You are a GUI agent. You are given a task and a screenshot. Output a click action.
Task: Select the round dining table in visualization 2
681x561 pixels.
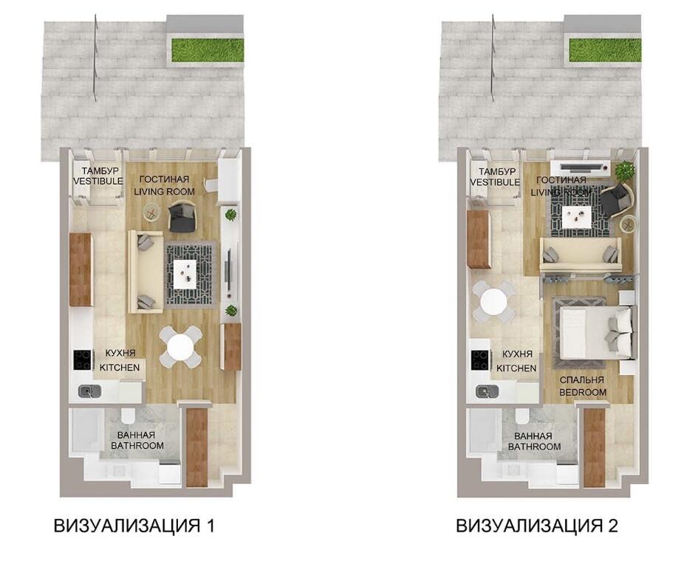tap(494, 301)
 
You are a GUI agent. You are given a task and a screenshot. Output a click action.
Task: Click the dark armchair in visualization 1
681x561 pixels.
tap(182, 216)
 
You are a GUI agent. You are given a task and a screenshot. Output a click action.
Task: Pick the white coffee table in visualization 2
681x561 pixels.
tap(577, 216)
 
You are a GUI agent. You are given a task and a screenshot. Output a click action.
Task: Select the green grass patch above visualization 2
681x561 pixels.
tap(606, 50)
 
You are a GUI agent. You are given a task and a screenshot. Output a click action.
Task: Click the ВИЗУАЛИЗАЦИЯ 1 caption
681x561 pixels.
tap(134, 526)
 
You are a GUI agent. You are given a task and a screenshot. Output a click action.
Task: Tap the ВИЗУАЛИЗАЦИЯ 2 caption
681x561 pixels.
tap(537, 526)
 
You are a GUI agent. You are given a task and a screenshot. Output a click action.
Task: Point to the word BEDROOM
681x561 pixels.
tap(583, 392)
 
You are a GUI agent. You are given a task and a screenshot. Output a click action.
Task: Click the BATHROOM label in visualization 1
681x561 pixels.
tap(137, 446)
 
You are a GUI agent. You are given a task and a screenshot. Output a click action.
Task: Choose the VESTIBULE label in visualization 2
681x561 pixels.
tap(495, 182)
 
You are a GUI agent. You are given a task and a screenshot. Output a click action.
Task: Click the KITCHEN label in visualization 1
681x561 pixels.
tap(120, 368)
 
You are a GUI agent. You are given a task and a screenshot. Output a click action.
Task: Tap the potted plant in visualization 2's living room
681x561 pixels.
tap(624, 170)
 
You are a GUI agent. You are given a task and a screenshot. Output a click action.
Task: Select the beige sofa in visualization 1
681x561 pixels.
tap(146, 272)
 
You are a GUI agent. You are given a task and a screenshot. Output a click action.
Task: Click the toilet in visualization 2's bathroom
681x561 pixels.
tap(521, 416)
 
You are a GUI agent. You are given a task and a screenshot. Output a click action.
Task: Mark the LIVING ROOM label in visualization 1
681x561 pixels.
tap(164, 191)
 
